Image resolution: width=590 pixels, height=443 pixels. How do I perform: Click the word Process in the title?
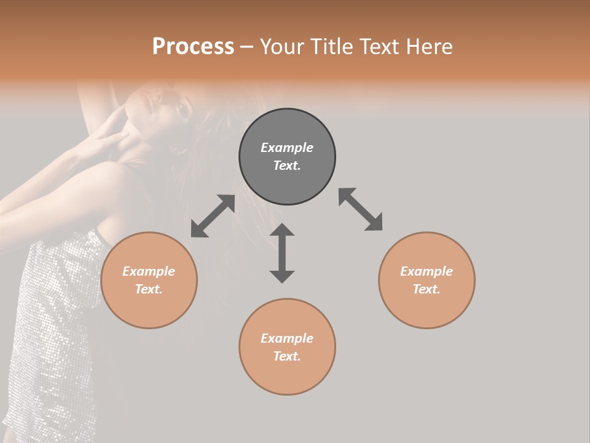click(193, 47)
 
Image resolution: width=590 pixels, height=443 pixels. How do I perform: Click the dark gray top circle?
click(287, 156)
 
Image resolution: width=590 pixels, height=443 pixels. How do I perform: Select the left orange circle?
click(149, 280)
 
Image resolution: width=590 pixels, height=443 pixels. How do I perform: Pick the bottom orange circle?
click(287, 346)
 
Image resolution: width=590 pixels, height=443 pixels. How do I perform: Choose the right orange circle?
click(427, 280)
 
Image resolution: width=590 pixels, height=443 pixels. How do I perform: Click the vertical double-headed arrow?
click(282, 253)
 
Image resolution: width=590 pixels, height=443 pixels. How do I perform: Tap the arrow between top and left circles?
click(213, 216)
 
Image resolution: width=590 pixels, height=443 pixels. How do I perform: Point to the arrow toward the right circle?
click(360, 209)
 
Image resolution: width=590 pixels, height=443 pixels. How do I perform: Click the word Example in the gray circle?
click(287, 148)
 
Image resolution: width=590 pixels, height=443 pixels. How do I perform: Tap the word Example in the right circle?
click(427, 271)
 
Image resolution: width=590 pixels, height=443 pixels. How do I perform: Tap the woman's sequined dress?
click(58, 320)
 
